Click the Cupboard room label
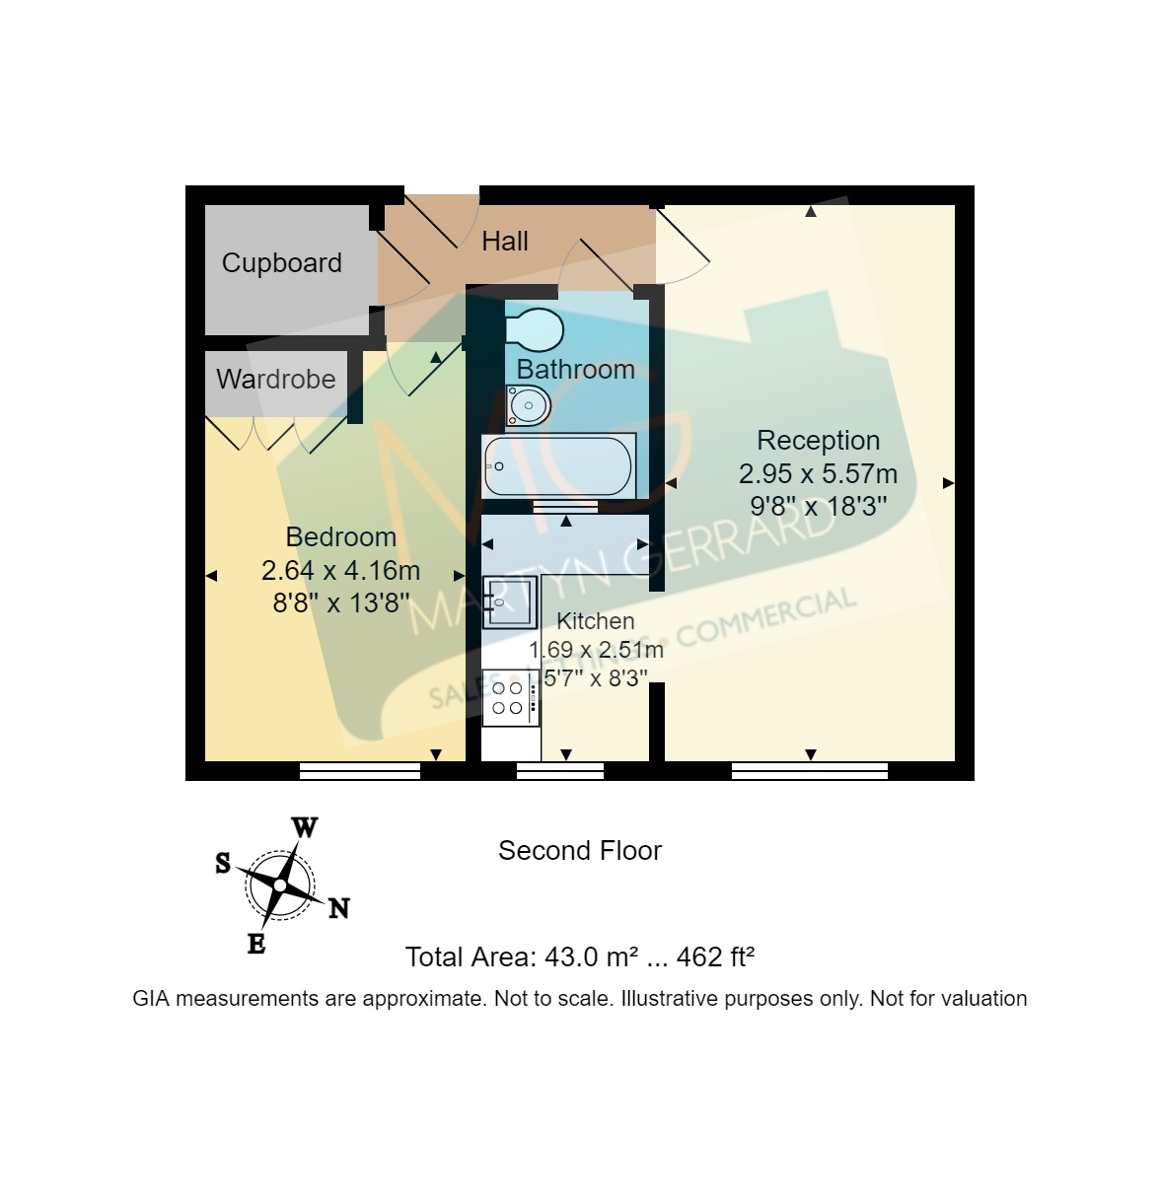281,263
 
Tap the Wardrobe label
275,380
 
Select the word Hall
504,242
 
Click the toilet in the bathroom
536,329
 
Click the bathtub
558,465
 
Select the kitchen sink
509,601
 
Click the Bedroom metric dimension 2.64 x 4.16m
340,571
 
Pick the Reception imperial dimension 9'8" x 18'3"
818,507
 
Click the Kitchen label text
596,621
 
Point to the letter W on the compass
305,827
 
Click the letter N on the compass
338,908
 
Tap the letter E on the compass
255,944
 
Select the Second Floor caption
579,851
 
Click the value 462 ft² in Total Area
715,957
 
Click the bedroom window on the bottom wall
360,771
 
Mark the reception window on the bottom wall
809,771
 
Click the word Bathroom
575,370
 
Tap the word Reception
818,441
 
